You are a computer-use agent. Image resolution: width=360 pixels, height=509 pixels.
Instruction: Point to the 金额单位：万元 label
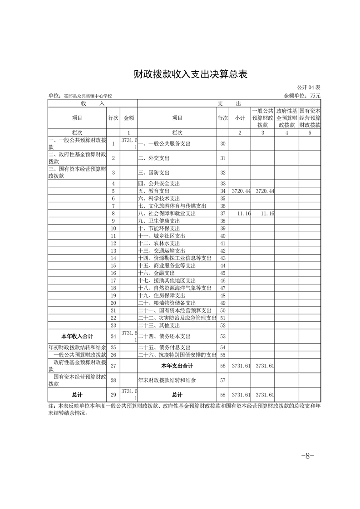[302, 96]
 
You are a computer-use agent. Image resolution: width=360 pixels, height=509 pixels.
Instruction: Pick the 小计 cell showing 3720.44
[241, 191]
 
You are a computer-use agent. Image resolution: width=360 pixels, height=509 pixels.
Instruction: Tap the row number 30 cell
[222, 144]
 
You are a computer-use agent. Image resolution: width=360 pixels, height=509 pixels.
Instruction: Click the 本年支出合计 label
[177, 366]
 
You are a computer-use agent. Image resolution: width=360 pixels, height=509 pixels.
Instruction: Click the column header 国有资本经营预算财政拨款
[310, 118]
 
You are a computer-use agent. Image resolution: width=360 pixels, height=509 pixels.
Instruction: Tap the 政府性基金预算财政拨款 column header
[287, 118]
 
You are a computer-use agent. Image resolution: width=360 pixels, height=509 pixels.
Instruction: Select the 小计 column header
[240, 118]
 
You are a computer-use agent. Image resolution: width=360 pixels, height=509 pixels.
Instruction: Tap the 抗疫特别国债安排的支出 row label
[177, 355]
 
